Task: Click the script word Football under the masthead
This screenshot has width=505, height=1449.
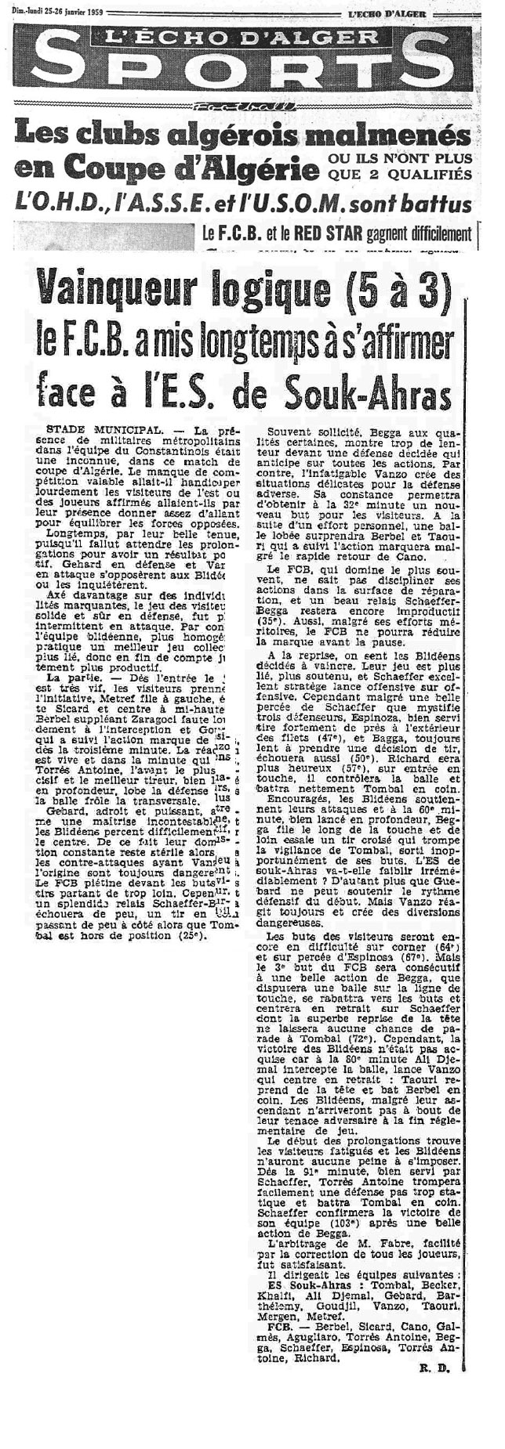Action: (x=251, y=107)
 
